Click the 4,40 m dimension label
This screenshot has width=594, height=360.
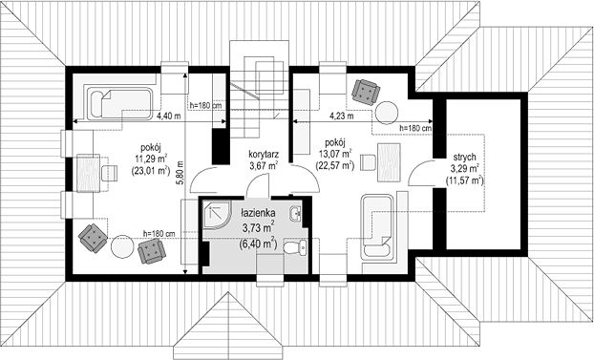pyautogui.click(x=169, y=116)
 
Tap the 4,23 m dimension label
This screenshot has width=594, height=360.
pyautogui.click(x=341, y=116)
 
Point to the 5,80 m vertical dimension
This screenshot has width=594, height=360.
pyautogui.click(x=180, y=173)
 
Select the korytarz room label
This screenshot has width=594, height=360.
pyautogui.click(x=264, y=155)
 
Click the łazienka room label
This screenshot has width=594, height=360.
pyautogui.click(x=259, y=213)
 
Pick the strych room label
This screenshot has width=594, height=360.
pyautogui.click(x=464, y=157)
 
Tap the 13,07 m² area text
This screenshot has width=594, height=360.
pyautogui.click(x=335, y=155)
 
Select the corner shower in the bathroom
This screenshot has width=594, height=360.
pyautogui.click(x=216, y=214)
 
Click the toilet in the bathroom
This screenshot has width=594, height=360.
pyautogui.click(x=295, y=248)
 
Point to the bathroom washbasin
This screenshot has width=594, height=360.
pyautogui.click(x=295, y=214)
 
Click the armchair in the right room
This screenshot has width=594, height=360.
pyautogui.click(x=366, y=91)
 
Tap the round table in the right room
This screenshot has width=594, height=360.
pyautogui.click(x=387, y=113)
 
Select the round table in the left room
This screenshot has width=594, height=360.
pyautogui.click(x=122, y=246)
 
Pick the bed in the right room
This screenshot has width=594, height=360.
pyautogui.click(x=376, y=227)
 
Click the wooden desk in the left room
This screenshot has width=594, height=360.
pyautogui.click(x=89, y=173)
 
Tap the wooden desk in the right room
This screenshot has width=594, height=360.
pyautogui.click(x=389, y=162)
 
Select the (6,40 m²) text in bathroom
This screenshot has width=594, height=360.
pyautogui.click(x=258, y=243)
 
